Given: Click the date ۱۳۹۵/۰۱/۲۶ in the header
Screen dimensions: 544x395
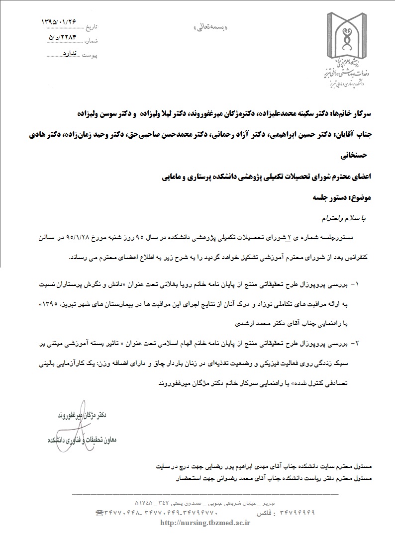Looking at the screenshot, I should pos(60,22).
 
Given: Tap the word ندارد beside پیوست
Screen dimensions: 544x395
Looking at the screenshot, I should pos(71,52).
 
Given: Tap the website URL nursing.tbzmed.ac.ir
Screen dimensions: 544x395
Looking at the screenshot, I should pos(205,522).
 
